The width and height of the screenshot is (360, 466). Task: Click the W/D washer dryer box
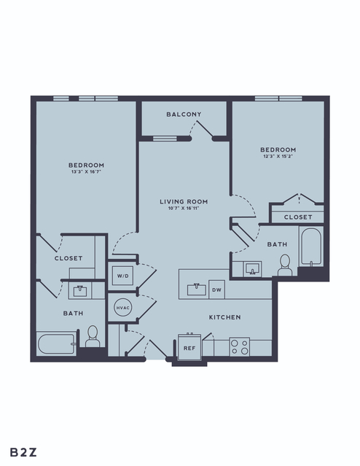(x=122, y=276)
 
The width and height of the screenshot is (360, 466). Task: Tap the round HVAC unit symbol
(x=122, y=308)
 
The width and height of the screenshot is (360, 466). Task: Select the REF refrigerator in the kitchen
(x=189, y=347)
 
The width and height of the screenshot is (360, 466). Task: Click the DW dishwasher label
(x=217, y=290)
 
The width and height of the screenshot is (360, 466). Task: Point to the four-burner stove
(x=240, y=347)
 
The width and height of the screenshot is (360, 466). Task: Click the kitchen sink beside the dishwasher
(x=197, y=290)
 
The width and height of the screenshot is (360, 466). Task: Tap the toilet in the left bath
(x=93, y=336)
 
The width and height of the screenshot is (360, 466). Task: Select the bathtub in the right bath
(x=310, y=246)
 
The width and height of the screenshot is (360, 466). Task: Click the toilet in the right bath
(x=285, y=265)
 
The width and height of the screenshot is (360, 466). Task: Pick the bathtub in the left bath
(x=56, y=344)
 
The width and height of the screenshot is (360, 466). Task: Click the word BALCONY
(x=184, y=114)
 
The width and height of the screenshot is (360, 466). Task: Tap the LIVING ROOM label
(x=184, y=201)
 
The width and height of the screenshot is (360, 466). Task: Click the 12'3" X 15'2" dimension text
(x=278, y=156)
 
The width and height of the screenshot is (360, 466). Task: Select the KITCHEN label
(x=225, y=317)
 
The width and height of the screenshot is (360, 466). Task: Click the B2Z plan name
(x=23, y=452)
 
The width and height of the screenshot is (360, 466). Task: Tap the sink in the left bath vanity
(x=80, y=291)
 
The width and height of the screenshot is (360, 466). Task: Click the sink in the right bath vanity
(x=253, y=269)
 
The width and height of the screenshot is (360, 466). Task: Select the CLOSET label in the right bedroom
(x=298, y=217)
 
